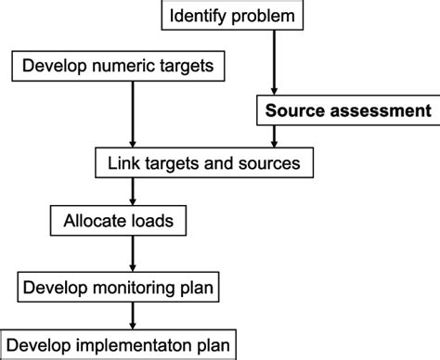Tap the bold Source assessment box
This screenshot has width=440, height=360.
pos(347,111)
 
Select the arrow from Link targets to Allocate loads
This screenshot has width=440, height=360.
pos(134,193)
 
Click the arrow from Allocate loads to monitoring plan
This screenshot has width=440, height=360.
pos(134,255)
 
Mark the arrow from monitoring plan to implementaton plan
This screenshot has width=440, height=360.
pos(134,316)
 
